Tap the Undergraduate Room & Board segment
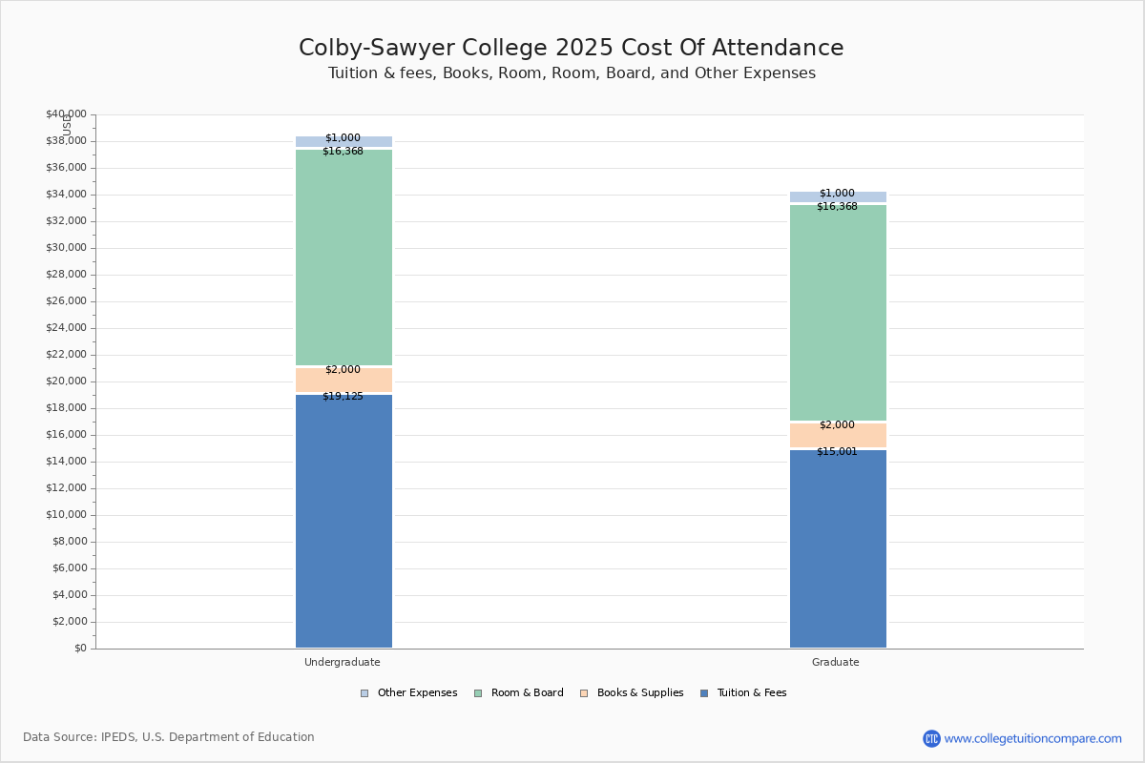pos(343,258)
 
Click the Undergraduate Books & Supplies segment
pos(343,381)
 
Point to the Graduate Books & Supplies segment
pos(838,436)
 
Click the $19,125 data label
pos(343,397)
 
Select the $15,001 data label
pos(837,452)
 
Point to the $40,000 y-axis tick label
pos(66,114)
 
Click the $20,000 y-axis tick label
pos(66,381)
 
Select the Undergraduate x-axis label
pos(343,662)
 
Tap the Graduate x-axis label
pos(836,662)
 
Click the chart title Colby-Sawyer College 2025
pos(571,48)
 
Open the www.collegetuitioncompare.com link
pos(1032,738)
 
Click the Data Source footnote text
pos(169,737)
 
